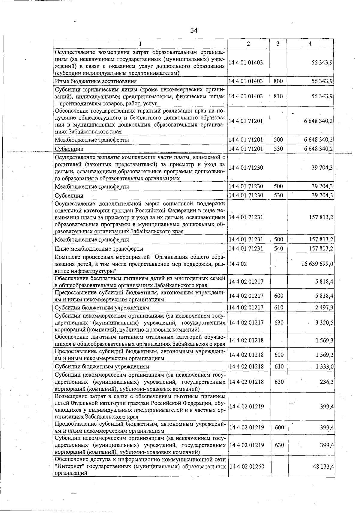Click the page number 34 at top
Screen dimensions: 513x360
coord(194,30)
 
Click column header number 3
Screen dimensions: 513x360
coord(278,44)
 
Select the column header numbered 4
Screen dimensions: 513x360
coord(310,44)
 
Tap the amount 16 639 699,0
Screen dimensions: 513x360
coord(317,264)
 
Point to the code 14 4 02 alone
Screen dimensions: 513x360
coord(238,264)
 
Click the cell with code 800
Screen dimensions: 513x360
coord(278,81)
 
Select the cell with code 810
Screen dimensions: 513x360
coord(278,96)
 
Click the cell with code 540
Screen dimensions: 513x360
coord(278,249)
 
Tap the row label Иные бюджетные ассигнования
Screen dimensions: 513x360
coord(95,81)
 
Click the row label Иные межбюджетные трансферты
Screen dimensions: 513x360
coord(99,249)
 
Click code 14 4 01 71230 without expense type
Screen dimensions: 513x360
coord(246,168)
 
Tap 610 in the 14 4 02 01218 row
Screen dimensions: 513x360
coord(279,367)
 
